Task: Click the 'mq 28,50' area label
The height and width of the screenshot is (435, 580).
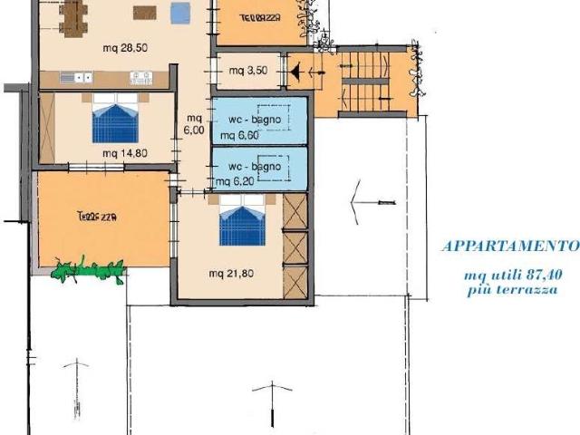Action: click(x=125, y=48)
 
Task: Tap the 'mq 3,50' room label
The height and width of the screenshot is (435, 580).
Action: click(x=248, y=71)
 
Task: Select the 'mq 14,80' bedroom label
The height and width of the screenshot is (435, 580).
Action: click(x=125, y=153)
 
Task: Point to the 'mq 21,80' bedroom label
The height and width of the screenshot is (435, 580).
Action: click(x=231, y=274)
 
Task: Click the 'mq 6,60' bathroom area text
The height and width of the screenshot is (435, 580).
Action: click(x=239, y=135)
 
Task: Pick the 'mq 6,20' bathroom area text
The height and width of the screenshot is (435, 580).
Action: click(x=235, y=181)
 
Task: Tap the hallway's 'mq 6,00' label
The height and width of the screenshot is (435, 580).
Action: click(x=194, y=124)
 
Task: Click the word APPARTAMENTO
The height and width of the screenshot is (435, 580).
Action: click(x=510, y=246)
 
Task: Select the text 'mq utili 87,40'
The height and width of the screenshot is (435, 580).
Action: click(x=514, y=275)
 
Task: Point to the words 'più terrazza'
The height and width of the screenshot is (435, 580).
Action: click(x=512, y=290)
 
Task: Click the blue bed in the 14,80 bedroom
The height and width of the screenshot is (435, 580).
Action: click(x=115, y=119)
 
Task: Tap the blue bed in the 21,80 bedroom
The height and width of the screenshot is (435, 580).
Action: click(x=242, y=221)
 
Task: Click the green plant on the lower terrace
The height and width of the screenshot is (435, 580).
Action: click(x=89, y=269)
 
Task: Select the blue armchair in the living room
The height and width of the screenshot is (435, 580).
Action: click(x=180, y=13)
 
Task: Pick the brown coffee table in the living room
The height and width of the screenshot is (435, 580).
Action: click(x=145, y=13)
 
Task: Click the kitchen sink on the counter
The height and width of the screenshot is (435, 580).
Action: click(x=76, y=78)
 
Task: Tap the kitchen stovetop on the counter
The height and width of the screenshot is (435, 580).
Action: click(x=141, y=78)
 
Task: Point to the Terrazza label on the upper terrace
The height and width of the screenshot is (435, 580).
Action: click(x=260, y=18)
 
